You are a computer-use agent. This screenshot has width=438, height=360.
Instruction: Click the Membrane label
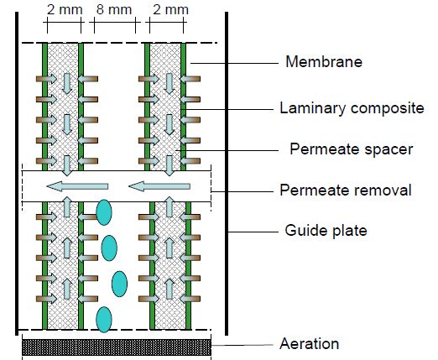tap(324, 61)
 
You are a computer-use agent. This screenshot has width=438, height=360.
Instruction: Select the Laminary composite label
tap(352, 108)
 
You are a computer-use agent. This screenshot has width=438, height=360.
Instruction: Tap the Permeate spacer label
tap(352, 149)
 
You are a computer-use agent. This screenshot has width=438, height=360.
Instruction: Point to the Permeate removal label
tap(346, 190)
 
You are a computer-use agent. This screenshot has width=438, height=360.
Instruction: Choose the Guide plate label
tap(326, 231)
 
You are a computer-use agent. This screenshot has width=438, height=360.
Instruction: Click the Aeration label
tap(310, 343)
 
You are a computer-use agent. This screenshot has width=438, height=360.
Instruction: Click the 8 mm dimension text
tap(114, 9)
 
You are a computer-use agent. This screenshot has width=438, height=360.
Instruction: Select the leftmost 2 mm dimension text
tap(65, 9)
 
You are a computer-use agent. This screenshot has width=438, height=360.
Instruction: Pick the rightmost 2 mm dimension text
tap(170, 9)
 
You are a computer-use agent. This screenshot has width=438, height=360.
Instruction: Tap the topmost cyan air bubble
tap(104, 212)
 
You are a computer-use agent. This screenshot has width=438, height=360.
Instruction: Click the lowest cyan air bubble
tap(104, 320)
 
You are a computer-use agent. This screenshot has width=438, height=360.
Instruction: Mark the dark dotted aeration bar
tap(117, 347)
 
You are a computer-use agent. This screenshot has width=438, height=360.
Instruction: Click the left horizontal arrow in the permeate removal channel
tap(77, 186)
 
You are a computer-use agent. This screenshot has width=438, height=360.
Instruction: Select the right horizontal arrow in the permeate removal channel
tap(159, 186)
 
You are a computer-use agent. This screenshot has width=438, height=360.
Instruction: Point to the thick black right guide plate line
tap(227, 174)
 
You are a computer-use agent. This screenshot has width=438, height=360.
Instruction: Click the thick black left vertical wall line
tap(17, 174)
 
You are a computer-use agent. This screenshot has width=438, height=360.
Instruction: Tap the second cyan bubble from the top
tap(109, 248)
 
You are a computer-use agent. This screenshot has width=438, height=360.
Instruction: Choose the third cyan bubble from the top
tap(119, 284)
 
